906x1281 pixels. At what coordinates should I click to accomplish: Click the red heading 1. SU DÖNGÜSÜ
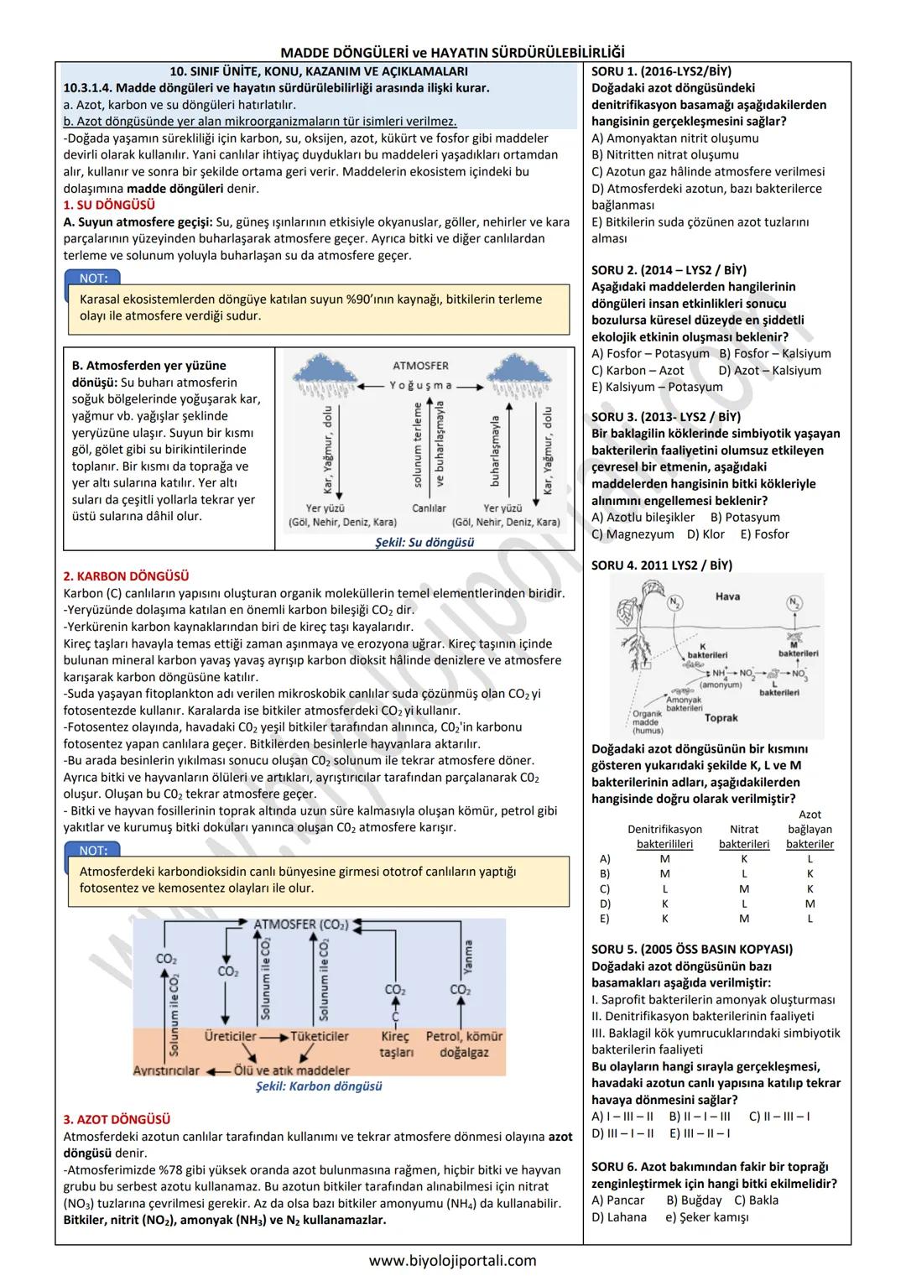pyautogui.click(x=109, y=206)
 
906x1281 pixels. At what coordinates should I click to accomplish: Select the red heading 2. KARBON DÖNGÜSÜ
pyautogui.click(x=126, y=576)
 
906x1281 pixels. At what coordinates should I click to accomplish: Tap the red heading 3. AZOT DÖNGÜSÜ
pyautogui.click(x=117, y=1119)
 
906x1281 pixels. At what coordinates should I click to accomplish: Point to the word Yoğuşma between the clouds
pyautogui.click(x=420, y=386)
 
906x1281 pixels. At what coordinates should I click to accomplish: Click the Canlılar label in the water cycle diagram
pyautogui.click(x=429, y=508)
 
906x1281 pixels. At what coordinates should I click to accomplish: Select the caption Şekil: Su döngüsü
pyautogui.click(x=424, y=543)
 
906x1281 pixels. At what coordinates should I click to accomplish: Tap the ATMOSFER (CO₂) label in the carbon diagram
pyautogui.click(x=300, y=924)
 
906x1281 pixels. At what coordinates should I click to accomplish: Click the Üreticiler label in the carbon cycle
pyautogui.click(x=230, y=1036)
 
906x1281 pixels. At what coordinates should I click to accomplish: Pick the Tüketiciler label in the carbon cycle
pyautogui.click(x=319, y=1036)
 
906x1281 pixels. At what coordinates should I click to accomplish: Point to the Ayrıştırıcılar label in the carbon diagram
pyautogui.click(x=166, y=1070)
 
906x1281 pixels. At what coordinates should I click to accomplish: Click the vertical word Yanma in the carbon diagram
pyautogui.click(x=468, y=956)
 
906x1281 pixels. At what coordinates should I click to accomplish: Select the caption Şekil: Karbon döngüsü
pyautogui.click(x=319, y=1086)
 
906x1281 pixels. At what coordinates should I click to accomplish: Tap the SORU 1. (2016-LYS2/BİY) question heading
pyautogui.click(x=661, y=71)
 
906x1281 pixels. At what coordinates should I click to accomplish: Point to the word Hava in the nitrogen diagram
pyautogui.click(x=727, y=596)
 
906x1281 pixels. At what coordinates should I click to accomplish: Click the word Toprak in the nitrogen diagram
pyautogui.click(x=721, y=718)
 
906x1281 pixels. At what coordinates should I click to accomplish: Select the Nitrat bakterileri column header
pyautogui.click(x=744, y=836)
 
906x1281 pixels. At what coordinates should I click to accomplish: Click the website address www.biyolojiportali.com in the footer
pyautogui.click(x=453, y=1260)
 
